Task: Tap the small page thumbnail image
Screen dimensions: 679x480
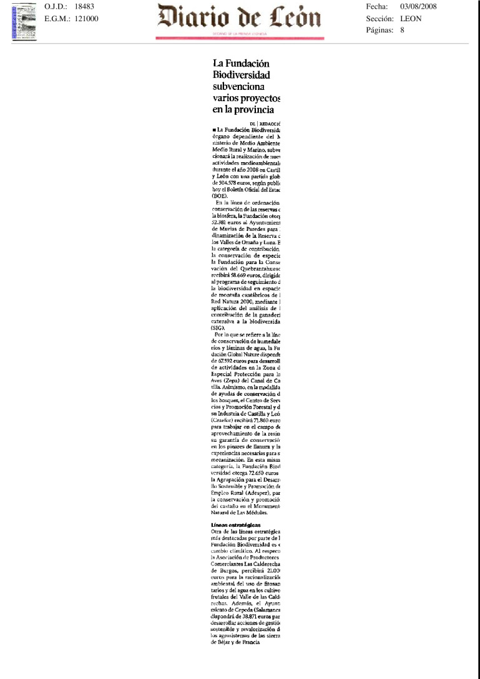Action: pyautogui.click(x=24, y=22)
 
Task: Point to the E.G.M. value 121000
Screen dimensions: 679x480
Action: pyautogui.click(x=86, y=19)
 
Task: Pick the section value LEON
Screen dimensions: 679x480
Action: pyautogui.click(x=411, y=19)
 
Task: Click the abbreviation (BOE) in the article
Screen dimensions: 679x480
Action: pyautogui.click(x=221, y=195)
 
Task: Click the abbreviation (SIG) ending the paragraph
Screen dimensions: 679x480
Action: pyautogui.click(x=219, y=327)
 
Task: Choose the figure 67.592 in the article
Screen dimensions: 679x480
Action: pyautogui.click(x=222, y=360)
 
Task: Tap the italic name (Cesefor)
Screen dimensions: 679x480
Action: pyautogui.click(x=223, y=420)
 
